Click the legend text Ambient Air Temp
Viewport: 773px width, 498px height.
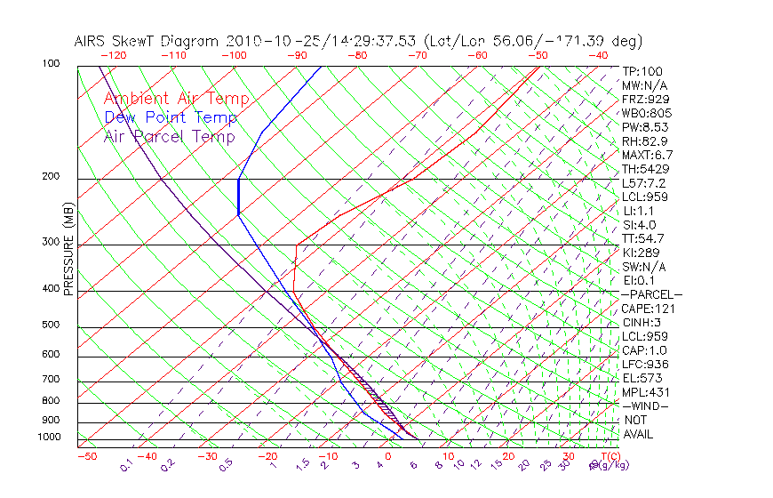(x=176, y=99)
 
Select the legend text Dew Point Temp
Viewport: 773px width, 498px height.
(x=170, y=117)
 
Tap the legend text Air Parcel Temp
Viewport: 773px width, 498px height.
(x=169, y=136)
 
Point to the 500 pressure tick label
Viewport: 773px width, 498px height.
(x=52, y=325)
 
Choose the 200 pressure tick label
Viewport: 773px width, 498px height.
(x=52, y=177)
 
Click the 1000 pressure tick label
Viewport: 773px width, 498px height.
(x=49, y=438)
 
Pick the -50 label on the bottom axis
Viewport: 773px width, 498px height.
(x=87, y=456)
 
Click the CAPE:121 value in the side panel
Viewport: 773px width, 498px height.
(x=648, y=309)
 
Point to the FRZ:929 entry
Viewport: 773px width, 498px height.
(x=645, y=99)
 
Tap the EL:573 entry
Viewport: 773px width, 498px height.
(x=642, y=378)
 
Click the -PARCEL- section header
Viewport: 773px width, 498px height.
(x=651, y=294)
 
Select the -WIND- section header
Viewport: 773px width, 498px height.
(x=645, y=406)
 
